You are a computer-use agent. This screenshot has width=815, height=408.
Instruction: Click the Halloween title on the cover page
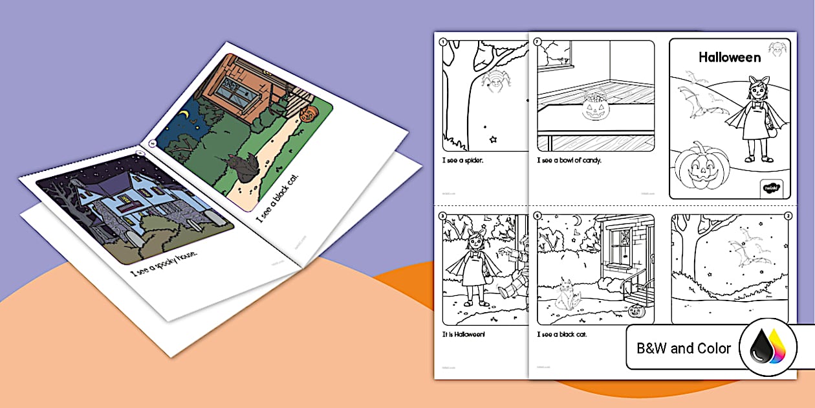click(730, 58)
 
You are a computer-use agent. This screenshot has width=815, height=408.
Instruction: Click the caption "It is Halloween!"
click(464, 334)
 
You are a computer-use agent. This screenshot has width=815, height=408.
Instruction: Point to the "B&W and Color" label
click(684, 348)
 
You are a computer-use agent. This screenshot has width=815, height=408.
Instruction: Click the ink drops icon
click(769, 349)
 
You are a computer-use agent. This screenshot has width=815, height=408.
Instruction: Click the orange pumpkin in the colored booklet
click(307, 115)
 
